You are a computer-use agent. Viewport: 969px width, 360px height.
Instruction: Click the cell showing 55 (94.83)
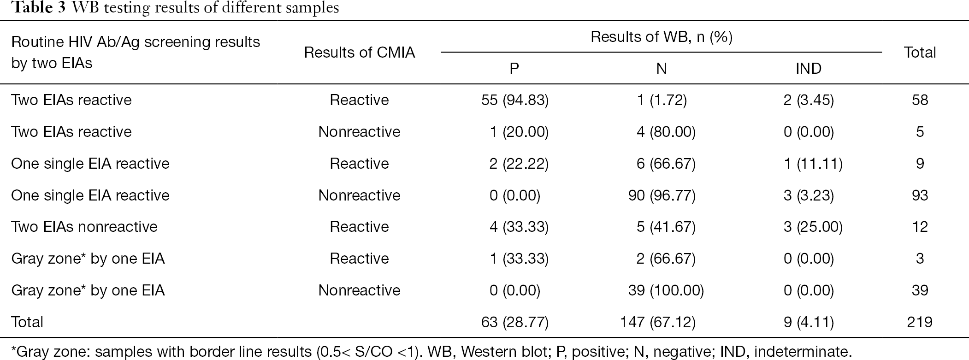point(514,100)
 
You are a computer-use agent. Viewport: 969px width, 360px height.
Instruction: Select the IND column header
point(808,69)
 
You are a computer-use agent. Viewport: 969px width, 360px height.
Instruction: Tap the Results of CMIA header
point(359,53)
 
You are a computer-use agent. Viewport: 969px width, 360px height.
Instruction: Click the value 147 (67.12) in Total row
point(658,322)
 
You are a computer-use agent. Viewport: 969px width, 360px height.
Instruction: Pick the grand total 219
point(919,322)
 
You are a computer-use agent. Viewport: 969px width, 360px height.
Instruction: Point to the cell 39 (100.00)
point(666,290)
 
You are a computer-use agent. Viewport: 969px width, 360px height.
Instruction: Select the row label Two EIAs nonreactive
point(84,227)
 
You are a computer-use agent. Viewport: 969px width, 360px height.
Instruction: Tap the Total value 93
point(919,195)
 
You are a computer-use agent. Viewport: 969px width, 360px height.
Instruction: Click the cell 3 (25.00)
point(813,227)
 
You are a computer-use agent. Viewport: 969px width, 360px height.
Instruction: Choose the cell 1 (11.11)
point(813,164)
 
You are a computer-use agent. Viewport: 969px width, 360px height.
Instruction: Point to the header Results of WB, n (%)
point(662,37)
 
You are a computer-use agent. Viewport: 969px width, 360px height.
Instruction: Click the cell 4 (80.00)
point(666,132)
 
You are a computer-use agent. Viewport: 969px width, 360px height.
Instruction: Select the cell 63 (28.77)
point(514,322)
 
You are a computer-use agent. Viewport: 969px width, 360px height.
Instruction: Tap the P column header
point(514,69)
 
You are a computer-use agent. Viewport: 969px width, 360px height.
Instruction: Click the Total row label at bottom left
point(27,322)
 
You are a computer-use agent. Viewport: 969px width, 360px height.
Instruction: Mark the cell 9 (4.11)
point(808,322)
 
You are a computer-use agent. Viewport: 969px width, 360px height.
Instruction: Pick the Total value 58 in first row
point(919,100)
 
